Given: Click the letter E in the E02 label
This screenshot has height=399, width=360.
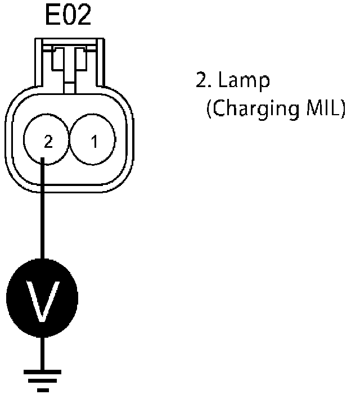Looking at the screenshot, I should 52,17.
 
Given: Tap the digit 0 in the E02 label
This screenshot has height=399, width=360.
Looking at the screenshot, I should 69,17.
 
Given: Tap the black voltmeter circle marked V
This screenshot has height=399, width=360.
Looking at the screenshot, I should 42,294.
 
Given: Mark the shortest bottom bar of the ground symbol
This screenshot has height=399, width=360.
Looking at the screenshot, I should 42,388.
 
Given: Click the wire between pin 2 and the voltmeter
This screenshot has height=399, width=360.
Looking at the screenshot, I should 42,214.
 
